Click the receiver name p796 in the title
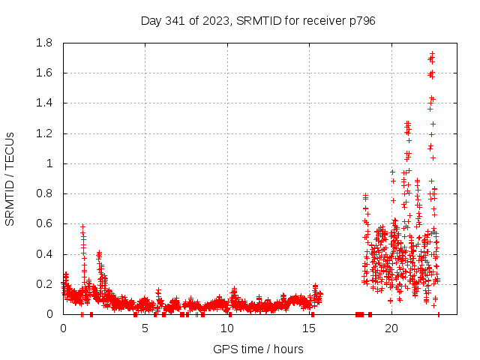[361, 20]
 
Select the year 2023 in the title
[218, 20]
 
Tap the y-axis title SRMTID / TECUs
[10, 178]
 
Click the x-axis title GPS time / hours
[258, 349]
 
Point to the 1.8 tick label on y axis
[46, 43]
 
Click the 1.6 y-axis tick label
[46, 73]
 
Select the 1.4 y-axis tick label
[46, 103]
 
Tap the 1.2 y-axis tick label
[46, 133]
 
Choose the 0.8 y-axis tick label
[46, 193]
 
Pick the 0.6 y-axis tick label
[46, 223]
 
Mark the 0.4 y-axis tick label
[46, 253]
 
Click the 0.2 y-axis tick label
[46, 284]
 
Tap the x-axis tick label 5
[145, 328]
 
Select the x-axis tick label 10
[226, 328]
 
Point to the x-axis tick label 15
[309, 328]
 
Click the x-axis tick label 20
[391, 328]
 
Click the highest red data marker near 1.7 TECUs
[432, 54]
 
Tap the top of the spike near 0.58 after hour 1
[83, 226]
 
